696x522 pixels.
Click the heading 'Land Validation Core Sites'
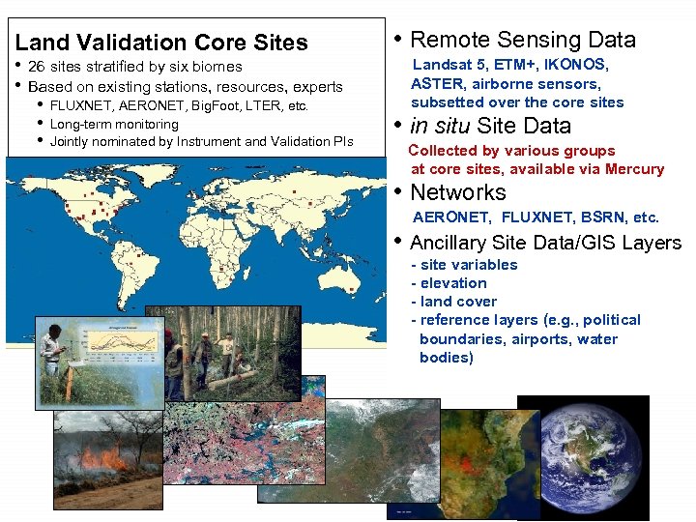pos(161,43)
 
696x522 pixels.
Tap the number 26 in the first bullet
pos(37,67)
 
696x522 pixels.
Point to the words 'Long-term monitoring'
pos(114,124)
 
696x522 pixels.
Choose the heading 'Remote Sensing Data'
pos(523,40)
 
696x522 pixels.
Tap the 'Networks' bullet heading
pos(458,192)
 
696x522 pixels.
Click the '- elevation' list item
pos(449,283)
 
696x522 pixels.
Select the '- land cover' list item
pos(453,302)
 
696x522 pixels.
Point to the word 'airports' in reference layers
pos(539,339)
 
